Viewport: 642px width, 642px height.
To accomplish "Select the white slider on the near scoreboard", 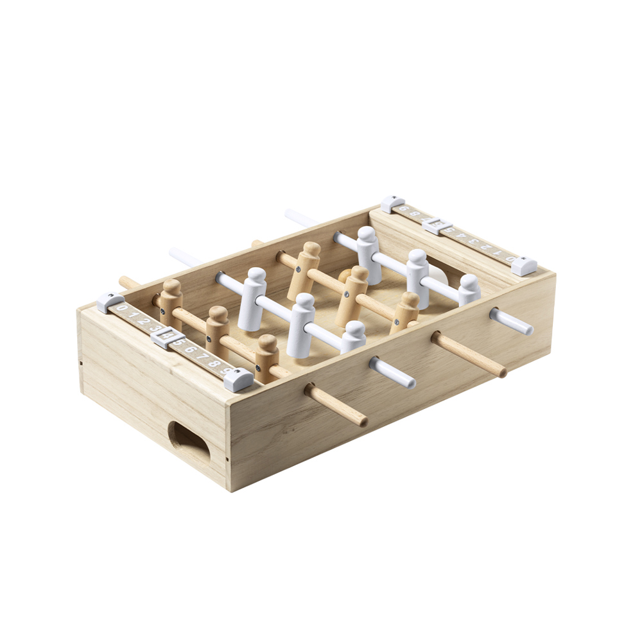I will coord(168,337).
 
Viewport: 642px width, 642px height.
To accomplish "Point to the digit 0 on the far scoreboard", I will coord(510,259).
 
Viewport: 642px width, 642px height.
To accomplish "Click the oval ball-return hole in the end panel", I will coord(189,444).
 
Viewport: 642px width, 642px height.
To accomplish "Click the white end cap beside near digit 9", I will coord(238,380).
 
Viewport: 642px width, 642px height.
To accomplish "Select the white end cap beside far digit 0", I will coord(524,265).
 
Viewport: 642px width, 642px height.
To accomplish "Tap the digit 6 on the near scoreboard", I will coord(191,350).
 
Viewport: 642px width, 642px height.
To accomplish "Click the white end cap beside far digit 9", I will coord(392,204).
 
